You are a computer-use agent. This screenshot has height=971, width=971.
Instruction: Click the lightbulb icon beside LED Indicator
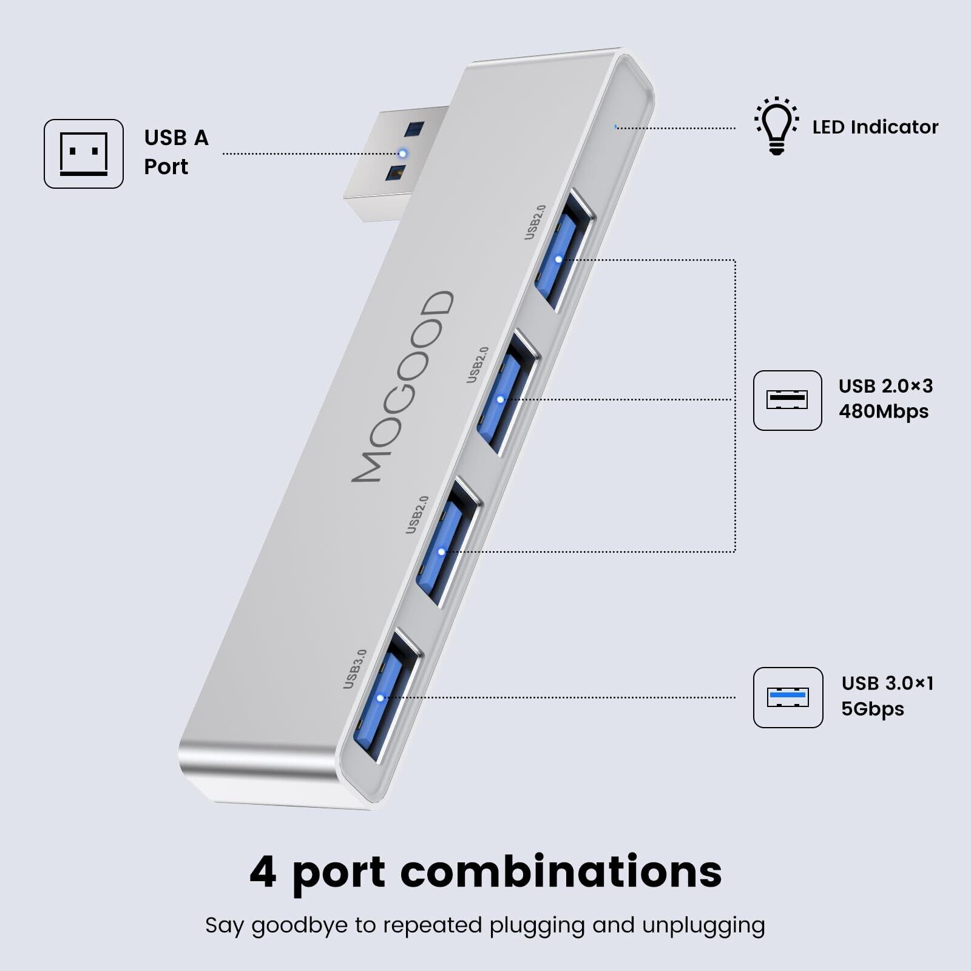click(x=776, y=126)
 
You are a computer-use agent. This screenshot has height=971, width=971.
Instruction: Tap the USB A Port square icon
click(x=84, y=154)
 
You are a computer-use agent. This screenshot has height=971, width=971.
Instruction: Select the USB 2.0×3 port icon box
click(x=787, y=401)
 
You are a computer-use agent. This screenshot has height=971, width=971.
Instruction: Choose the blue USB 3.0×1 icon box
click(x=788, y=697)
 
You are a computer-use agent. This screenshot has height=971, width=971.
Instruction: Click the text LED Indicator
click(x=875, y=127)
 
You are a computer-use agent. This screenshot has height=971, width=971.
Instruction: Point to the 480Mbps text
click(x=883, y=411)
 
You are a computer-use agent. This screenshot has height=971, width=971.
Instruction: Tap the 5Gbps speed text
click(x=872, y=709)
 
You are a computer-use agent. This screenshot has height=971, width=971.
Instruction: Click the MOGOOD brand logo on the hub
click(x=403, y=387)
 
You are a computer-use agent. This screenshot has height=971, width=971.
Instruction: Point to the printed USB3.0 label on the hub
click(x=355, y=669)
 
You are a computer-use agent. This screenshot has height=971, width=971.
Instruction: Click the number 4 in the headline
click(x=263, y=871)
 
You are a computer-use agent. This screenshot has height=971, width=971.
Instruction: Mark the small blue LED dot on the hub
click(x=615, y=127)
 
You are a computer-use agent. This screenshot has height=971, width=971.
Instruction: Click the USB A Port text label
click(x=176, y=152)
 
